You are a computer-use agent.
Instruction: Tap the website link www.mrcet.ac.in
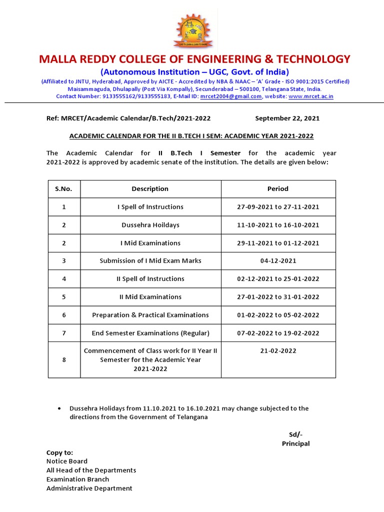point(311,96)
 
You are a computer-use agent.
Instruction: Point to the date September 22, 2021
point(287,118)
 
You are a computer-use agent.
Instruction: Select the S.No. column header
point(63,189)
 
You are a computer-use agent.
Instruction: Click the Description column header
point(150,189)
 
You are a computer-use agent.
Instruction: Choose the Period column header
point(278,189)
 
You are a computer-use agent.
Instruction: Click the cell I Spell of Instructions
point(150,207)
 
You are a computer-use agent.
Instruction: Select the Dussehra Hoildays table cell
point(150,225)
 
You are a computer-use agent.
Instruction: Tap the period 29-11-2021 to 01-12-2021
point(278,243)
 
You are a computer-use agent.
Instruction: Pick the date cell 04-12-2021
point(278,261)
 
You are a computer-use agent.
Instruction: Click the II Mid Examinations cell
point(150,297)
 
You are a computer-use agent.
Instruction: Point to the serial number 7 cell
point(63,333)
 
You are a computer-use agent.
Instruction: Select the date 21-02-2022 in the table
point(278,351)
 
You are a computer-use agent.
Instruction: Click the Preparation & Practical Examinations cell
point(150,315)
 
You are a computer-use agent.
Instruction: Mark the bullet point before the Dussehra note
point(60,408)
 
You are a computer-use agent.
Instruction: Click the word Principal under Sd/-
point(295,444)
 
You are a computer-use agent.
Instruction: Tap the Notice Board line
point(67,461)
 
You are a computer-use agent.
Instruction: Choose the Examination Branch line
point(77,479)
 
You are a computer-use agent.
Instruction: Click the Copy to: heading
point(59,452)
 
